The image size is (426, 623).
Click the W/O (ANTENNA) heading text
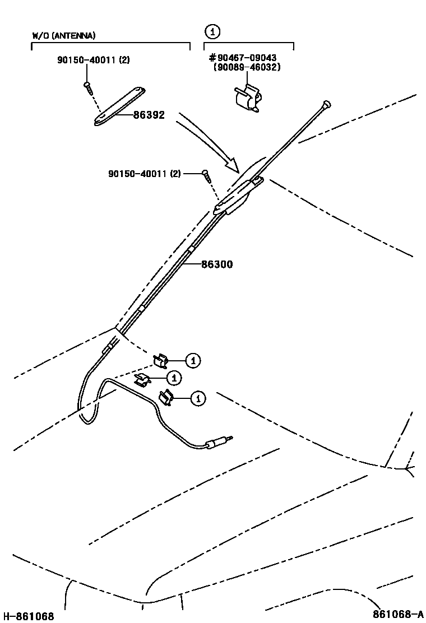click(x=64, y=35)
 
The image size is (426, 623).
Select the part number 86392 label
click(x=149, y=115)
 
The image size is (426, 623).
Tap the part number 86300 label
click(x=217, y=264)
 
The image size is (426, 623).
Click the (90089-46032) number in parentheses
click(x=247, y=67)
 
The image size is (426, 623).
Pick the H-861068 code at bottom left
click(x=28, y=616)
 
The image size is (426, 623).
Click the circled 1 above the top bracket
click(x=212, y=31)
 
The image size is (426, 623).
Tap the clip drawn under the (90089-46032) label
click(x=246, y=99)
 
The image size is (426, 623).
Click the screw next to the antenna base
click(x=207, y=176)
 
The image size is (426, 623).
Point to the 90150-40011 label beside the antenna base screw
click(x=145, y=174)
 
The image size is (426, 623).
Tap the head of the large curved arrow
click(x=232, y=165)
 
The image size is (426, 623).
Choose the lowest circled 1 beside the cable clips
click(x=197, y=398)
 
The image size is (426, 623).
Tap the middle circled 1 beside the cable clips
click(x=174, y=378)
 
